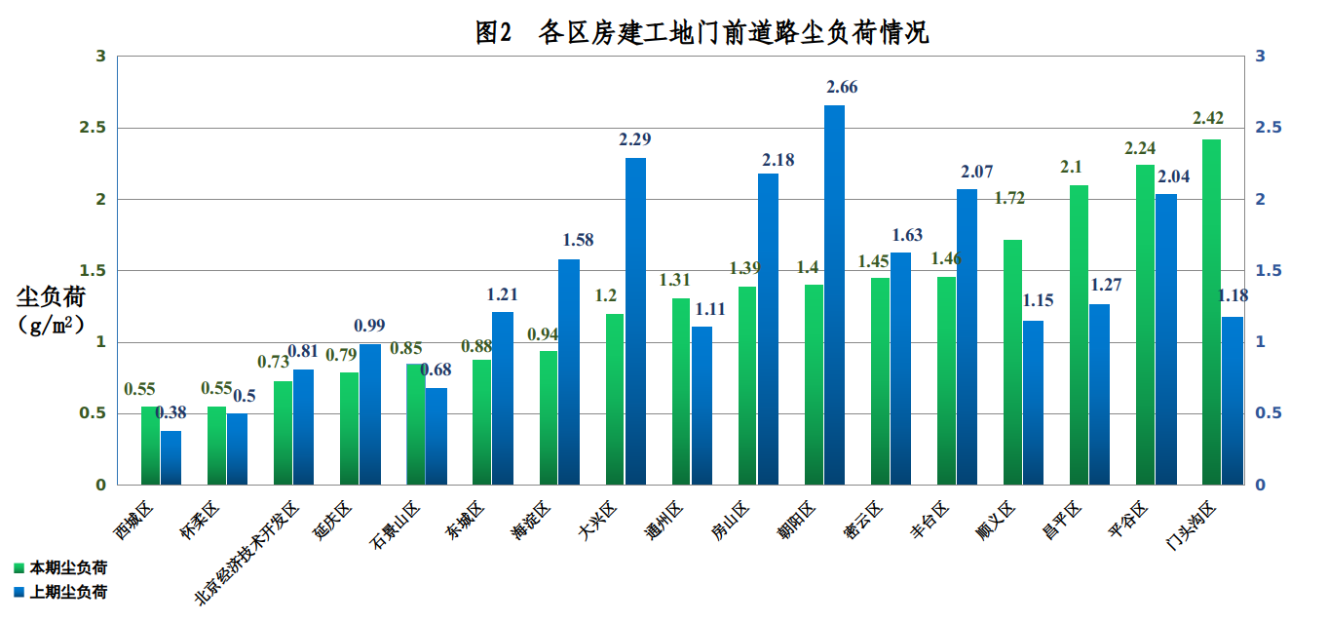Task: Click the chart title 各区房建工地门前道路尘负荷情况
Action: tap(702, 32)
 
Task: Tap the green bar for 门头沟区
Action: tap(1211, 312)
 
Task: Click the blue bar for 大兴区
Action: tap(635, 322)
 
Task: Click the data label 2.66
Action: tap(841, 88)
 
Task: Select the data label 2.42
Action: tap(1208, 119)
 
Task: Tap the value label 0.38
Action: tap(171, 412)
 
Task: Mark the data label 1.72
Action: tap(1009, 199)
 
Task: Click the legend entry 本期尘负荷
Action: tap(67, 567)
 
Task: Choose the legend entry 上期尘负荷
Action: tap(67, 592)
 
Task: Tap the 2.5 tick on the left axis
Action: tap(95, 128)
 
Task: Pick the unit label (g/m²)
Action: tap(51, 325)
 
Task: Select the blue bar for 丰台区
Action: tap(967, 336)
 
